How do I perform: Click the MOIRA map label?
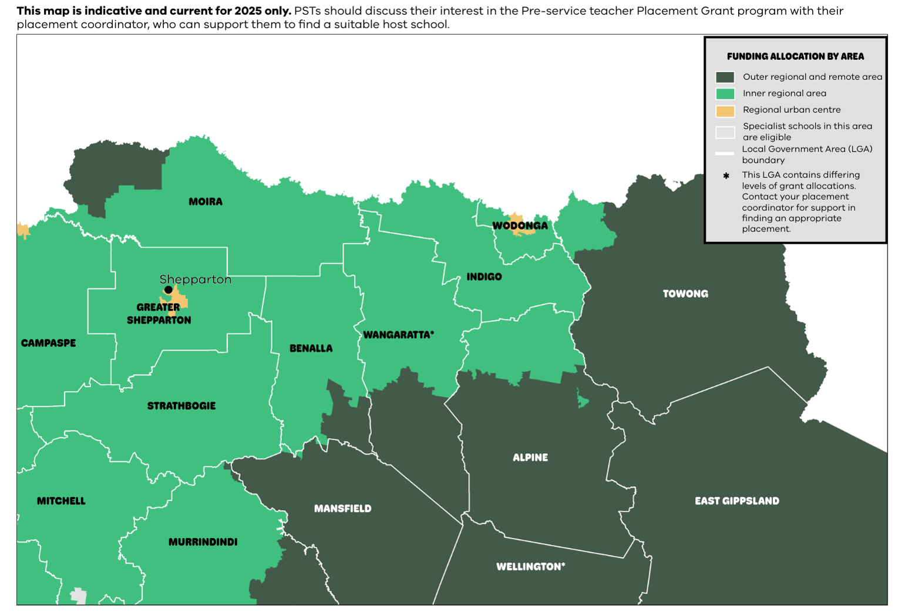click(x=206, y=201)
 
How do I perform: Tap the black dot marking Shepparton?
click(x=169, y=290)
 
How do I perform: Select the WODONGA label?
click(x=520, y=225)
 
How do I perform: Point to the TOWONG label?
click(x=685, y=294)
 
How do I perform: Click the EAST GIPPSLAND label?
click(x=737, y=501)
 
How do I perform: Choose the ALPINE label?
click(x=530, y=457)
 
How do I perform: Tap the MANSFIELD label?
click(x=342, y=509)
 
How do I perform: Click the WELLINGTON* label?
click(x=530, y=567)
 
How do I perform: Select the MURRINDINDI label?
click(x=203, y=542)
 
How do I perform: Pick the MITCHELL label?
click(x=61, y=501)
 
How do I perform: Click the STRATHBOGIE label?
click(x=181, y=406)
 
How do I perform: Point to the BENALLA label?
click(x=311, y=348)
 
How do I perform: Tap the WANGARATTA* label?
click(x=399, y=335)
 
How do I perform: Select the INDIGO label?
click(x=484, y=277)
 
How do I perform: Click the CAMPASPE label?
click(x=48, y=343)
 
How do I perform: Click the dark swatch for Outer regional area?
click(x=725, y=78)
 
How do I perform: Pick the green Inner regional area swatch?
click(x=725, y=94)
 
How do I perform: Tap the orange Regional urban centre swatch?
click(x=725, y=111)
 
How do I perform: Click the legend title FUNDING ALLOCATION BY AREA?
click(x=795, y=56)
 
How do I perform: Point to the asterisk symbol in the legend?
click(x=726, y=176)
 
